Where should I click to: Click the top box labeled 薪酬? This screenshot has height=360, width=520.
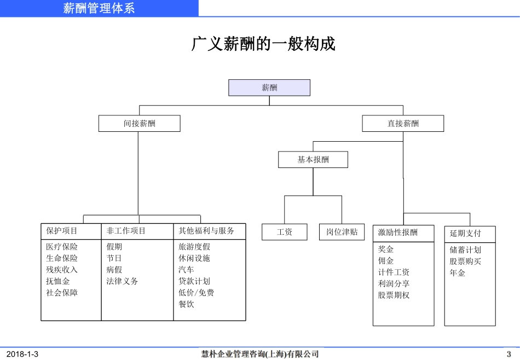pos(269,88)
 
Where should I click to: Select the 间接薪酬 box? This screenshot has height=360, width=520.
pos(139,124)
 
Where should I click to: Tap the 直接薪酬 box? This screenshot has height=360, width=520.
pos(403,124)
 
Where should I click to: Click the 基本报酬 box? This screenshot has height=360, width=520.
pos(313,160)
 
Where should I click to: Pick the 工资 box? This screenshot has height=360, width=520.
pos(285,232)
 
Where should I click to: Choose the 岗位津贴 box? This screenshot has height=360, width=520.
pos(342,232)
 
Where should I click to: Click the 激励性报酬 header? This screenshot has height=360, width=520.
pos(397,233)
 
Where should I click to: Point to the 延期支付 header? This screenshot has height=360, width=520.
pos(465,234)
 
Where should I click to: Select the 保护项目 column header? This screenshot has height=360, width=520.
pos(62,231)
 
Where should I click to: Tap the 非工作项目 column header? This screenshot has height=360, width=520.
pos(126,231)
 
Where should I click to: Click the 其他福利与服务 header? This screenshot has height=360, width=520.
pos(206,231)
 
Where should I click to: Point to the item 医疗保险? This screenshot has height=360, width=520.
pos(62,247)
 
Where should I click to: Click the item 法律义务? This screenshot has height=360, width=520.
pos(123,281)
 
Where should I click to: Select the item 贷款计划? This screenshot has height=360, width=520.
pos(194,281)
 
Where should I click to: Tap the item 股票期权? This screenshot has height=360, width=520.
pos(394,295)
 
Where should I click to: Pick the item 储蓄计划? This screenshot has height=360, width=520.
pos(465,250)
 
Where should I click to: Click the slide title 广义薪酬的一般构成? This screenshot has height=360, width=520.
pos(263,44)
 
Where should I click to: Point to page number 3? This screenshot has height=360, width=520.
pos(509,354)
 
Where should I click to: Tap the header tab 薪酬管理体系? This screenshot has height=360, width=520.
pos(99,8)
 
